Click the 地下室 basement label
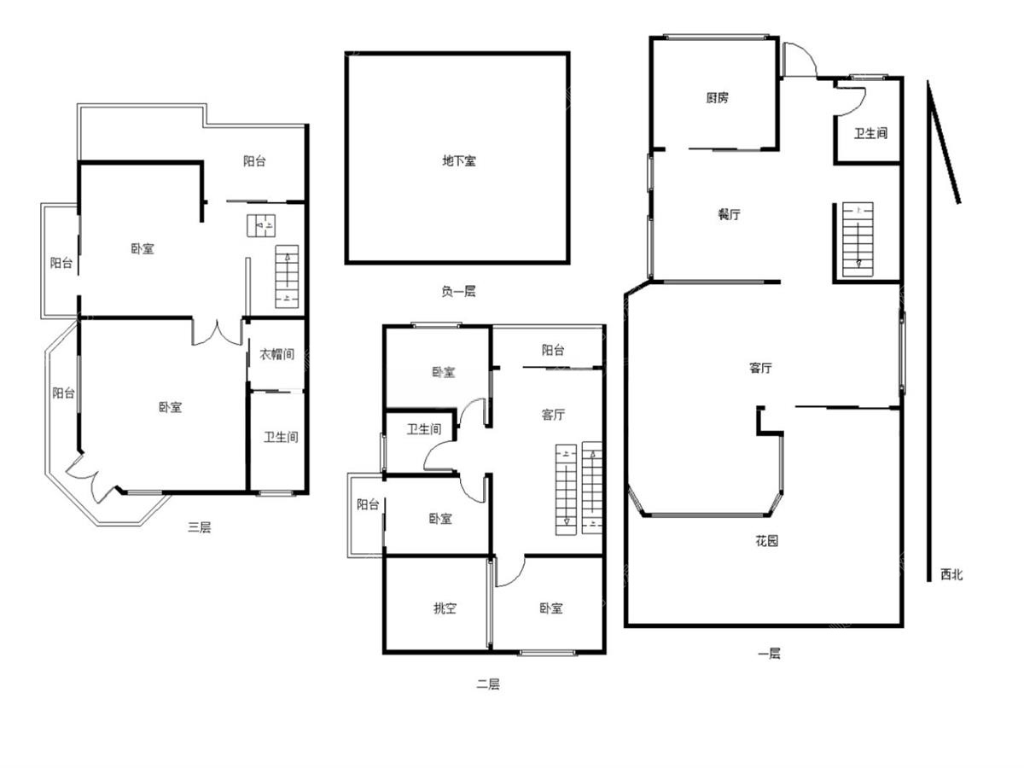pos(458,161)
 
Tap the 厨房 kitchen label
pos(717,98)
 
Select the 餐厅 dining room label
pos(729,214)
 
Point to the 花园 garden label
pos(766,541)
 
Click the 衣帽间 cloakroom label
pos(276,354)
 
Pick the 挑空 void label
pos(445,608)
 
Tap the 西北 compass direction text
pos(951,574)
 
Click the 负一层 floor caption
pos(458,292)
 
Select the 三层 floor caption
pos(199,527)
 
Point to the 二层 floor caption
pos(488,684)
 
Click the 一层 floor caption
pos(769,654)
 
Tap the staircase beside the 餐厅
pos(858,239)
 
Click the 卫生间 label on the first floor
pos(870,134)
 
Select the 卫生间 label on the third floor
pos(281,437)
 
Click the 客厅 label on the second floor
pos(553,415)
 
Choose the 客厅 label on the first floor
pos(760,368)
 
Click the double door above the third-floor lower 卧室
pos(218,334)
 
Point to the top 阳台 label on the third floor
pos(254,161)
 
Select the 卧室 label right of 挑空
pos(551,608)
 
